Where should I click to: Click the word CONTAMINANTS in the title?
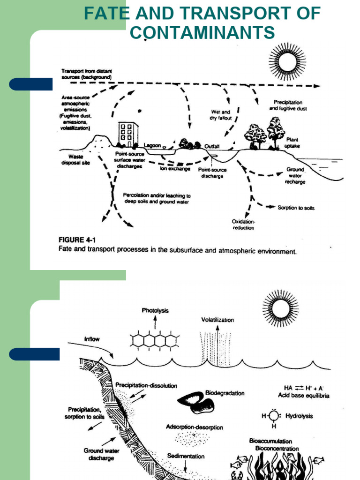202,33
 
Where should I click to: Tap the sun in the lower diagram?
280,308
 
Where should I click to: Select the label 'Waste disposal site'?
75,160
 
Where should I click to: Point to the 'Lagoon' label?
152,145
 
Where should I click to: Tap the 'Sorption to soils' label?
296,207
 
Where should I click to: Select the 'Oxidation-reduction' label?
243,225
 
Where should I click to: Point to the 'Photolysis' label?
155,310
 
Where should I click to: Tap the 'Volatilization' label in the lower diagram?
217,320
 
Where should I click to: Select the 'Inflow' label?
92,338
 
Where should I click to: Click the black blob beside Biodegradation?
196,402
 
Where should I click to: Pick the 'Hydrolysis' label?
299,416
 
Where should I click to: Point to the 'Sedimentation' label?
186,456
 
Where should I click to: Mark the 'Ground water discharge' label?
102,454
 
